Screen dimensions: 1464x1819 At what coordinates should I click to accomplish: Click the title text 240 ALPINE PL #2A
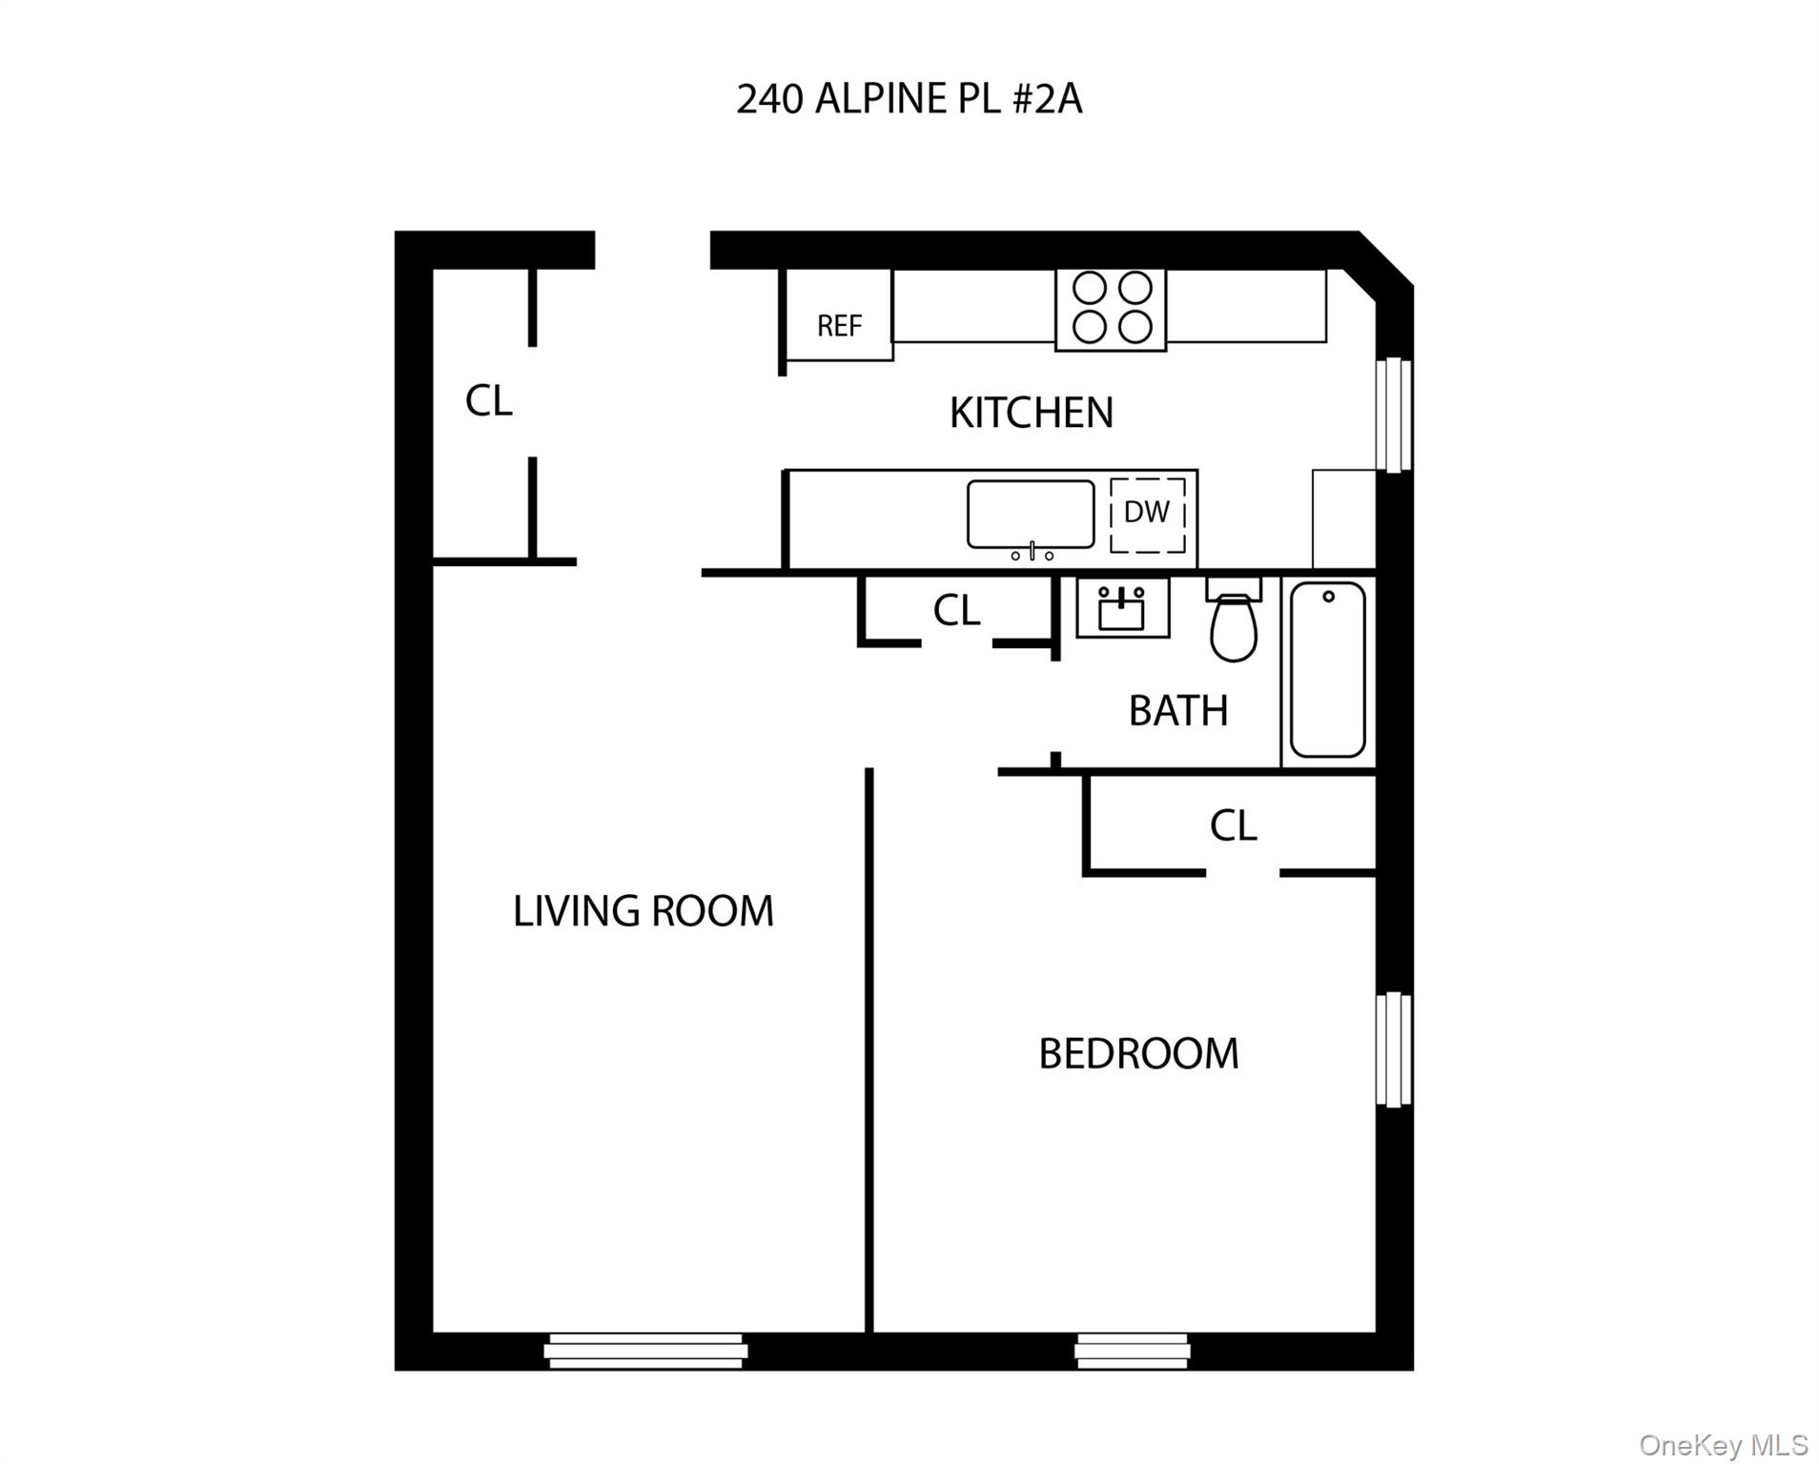[909, 99]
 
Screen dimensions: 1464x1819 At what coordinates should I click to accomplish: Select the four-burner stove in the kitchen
[1111, 308]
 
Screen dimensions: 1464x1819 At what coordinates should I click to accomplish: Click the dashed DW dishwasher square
[1148, 514]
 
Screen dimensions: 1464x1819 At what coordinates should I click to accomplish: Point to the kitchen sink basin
[1030, 514]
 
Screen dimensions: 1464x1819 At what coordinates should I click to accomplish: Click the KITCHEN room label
[1031, 413]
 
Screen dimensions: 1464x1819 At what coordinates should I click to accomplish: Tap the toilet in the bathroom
[1234, 624]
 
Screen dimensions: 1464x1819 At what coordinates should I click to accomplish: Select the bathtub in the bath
[1327, 669]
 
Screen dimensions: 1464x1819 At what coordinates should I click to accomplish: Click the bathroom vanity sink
[1122, 608]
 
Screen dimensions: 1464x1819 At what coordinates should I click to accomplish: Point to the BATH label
[1177, 711]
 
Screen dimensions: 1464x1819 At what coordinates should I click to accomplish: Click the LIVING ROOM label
[644, 911]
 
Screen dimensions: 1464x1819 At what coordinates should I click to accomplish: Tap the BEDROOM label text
[1138, 1054]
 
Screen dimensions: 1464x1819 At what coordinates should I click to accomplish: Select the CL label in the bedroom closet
[1233, 825]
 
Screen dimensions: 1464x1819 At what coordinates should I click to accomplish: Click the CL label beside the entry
[488, 401]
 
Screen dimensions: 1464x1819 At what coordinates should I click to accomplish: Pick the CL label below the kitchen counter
[956, 611]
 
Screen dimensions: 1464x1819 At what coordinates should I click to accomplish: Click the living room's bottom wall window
[645, 1351]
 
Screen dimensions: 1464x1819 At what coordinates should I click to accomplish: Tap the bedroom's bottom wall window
[1132, 1351]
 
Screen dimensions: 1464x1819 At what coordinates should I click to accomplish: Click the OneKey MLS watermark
[1724, 1445]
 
